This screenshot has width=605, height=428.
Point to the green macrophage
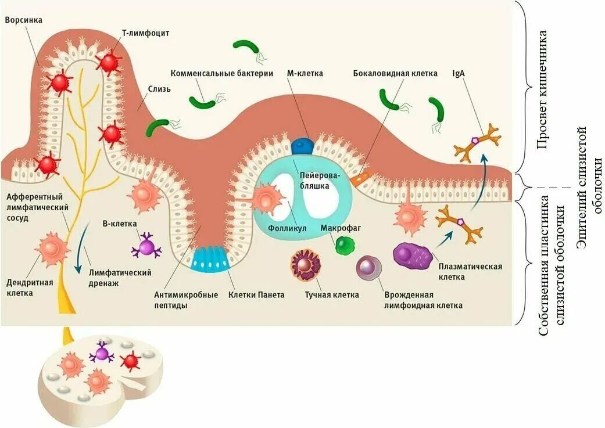pos(343,244)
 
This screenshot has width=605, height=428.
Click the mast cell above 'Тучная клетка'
pos(306,265)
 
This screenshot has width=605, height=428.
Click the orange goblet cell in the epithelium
pos(360,176)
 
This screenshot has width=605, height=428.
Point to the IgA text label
pos(459,74)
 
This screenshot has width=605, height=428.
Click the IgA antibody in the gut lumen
pos(477,141)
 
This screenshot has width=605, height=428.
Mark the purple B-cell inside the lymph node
pos(102,353)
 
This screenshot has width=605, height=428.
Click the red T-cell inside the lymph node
pos(130,362)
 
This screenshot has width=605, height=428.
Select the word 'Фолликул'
pos(287,228)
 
